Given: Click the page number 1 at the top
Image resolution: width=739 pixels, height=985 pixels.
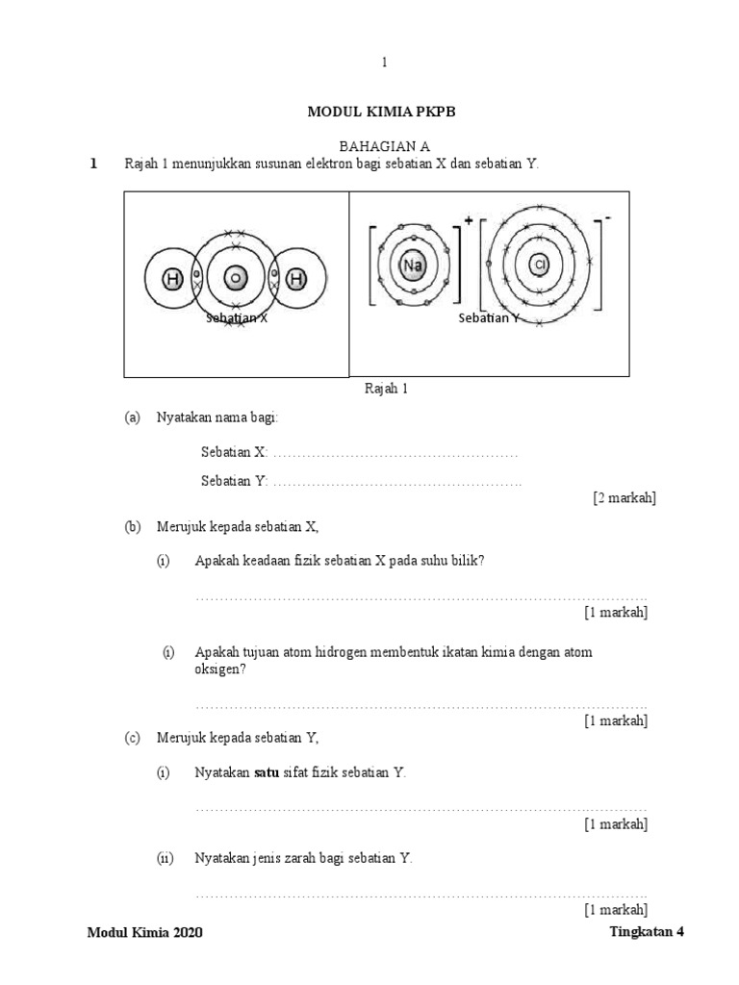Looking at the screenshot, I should click(384, 63).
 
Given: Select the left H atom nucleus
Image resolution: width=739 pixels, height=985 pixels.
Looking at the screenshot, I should click(172, 280).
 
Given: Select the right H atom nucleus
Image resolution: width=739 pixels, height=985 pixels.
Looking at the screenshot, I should click(296, 280).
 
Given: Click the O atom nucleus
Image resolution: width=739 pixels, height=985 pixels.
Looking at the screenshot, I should click(234, 280).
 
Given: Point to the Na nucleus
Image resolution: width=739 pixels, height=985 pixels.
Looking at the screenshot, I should click(413, 265).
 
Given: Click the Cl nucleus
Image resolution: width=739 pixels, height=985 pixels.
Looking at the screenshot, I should click(540, 264).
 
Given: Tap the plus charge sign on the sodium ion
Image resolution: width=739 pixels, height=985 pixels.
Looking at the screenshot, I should click(469, 220).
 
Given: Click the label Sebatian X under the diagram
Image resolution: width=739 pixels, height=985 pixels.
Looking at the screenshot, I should click(236, 318).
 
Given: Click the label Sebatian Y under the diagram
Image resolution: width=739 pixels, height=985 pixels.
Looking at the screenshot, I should click(489, 317).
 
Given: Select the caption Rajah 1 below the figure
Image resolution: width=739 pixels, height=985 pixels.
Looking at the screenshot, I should click(386, 389).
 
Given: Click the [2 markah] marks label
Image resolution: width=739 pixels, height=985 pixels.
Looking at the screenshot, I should click(624, 497).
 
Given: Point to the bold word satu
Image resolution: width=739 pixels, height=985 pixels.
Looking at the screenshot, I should click(266, 772).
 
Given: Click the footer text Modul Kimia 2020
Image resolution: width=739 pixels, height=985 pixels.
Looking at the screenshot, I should click(145, 933).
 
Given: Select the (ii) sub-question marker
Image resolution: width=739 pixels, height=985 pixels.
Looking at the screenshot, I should click(165, 858).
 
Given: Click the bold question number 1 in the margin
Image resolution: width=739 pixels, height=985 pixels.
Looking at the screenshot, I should click(93, 164).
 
